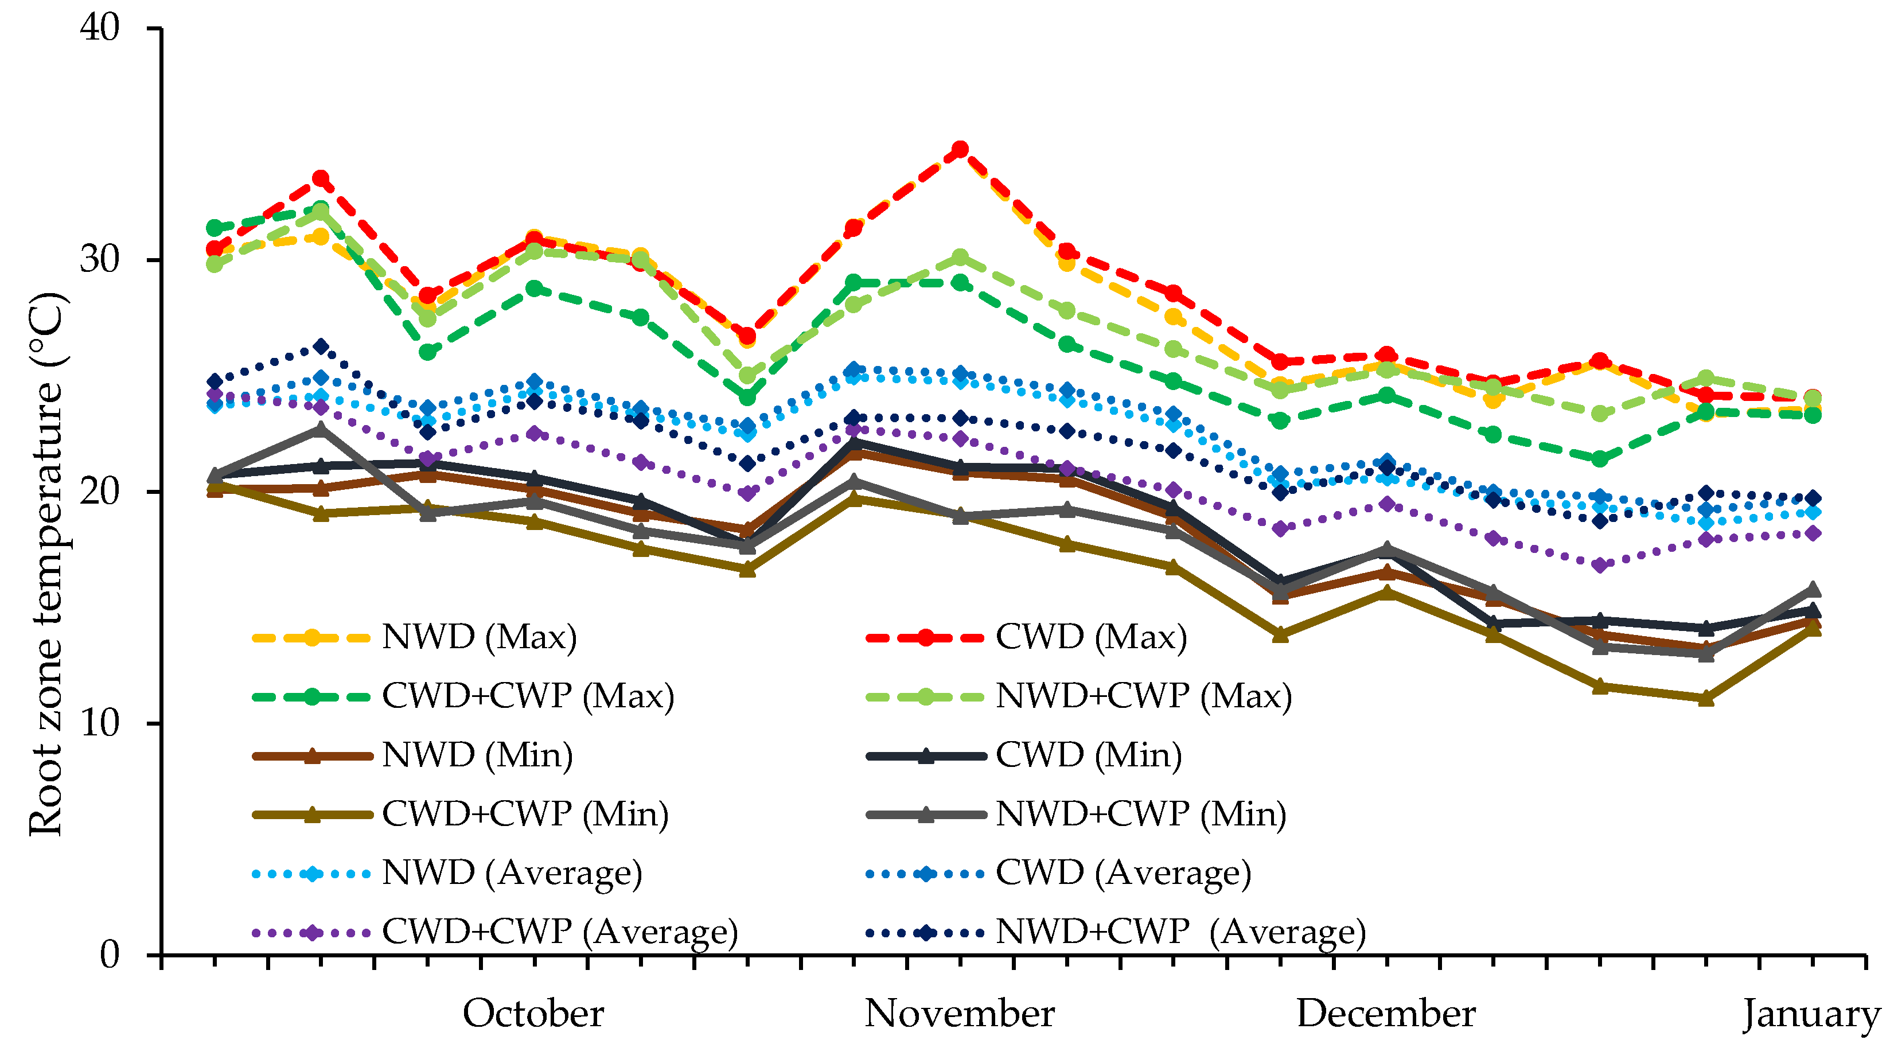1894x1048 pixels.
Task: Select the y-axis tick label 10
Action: tap(100, 724)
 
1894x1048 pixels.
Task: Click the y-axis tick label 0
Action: tap(110, 955)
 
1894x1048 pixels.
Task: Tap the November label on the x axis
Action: tap(960, 1014)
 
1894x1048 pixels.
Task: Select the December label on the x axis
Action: tap(1386, 1014)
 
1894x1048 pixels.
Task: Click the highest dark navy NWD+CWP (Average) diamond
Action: tap(321, 346)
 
